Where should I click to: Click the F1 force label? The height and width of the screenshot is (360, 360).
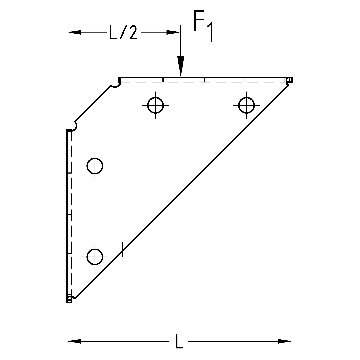[203, 26]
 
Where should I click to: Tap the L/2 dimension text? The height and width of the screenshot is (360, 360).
[123, 33]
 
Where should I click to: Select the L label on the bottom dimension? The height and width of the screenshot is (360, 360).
[179, 342]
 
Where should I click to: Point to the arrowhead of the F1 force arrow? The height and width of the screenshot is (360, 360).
[181, 66]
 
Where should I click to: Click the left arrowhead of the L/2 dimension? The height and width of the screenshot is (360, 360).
[75, 32]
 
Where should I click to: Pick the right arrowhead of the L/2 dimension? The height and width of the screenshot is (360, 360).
[173, 32]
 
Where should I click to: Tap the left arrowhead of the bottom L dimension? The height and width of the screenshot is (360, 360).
[74, 341]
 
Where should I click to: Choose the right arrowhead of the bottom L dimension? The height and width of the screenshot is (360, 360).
[285, 341]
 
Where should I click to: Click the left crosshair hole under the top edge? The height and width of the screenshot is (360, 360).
[155, 105]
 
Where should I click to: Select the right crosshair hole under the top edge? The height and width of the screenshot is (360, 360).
[246, 105]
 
